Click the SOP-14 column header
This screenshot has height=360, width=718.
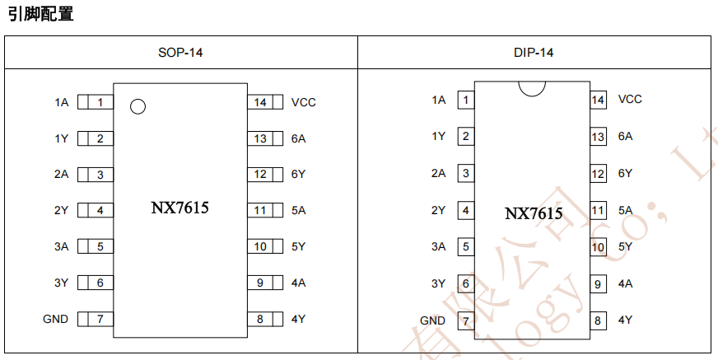pyautogui.click(x=180, y=53)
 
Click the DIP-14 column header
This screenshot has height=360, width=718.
pyautogui.click(x=533, y=53)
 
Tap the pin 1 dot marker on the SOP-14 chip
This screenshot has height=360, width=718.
pyautogui.click(x=138, y=106)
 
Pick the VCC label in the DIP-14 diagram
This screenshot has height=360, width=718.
pyautogui.click(x=630, y=100)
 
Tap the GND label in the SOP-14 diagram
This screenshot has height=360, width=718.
pyautogui.click(x=56, y=319)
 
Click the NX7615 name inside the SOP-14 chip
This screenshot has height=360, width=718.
pyautogui.click(x=179, y=208)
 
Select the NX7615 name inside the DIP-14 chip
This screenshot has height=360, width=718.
pyautogui.click(x=534, y=213)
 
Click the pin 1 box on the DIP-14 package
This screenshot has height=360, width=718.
pyautogui.click(x=466, y=101)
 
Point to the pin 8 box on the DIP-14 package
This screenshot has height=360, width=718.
pyautogui.click(x=598, y=320)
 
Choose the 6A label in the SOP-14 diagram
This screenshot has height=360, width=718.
pyautogui.click(x=298, y=138)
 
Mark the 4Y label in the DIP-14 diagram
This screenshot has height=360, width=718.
pyautogui.click(x=626, y=320)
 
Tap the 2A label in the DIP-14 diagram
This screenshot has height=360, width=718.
pyautogui.click(x=438, y=174)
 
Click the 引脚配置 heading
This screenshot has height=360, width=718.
pyautogui.click(x=40, y=13)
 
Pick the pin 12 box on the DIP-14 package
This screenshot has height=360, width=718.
pyautogui.click(x=598, y=174)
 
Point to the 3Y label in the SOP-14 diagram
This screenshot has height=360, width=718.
pyautogui.click(x=62, y=283)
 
